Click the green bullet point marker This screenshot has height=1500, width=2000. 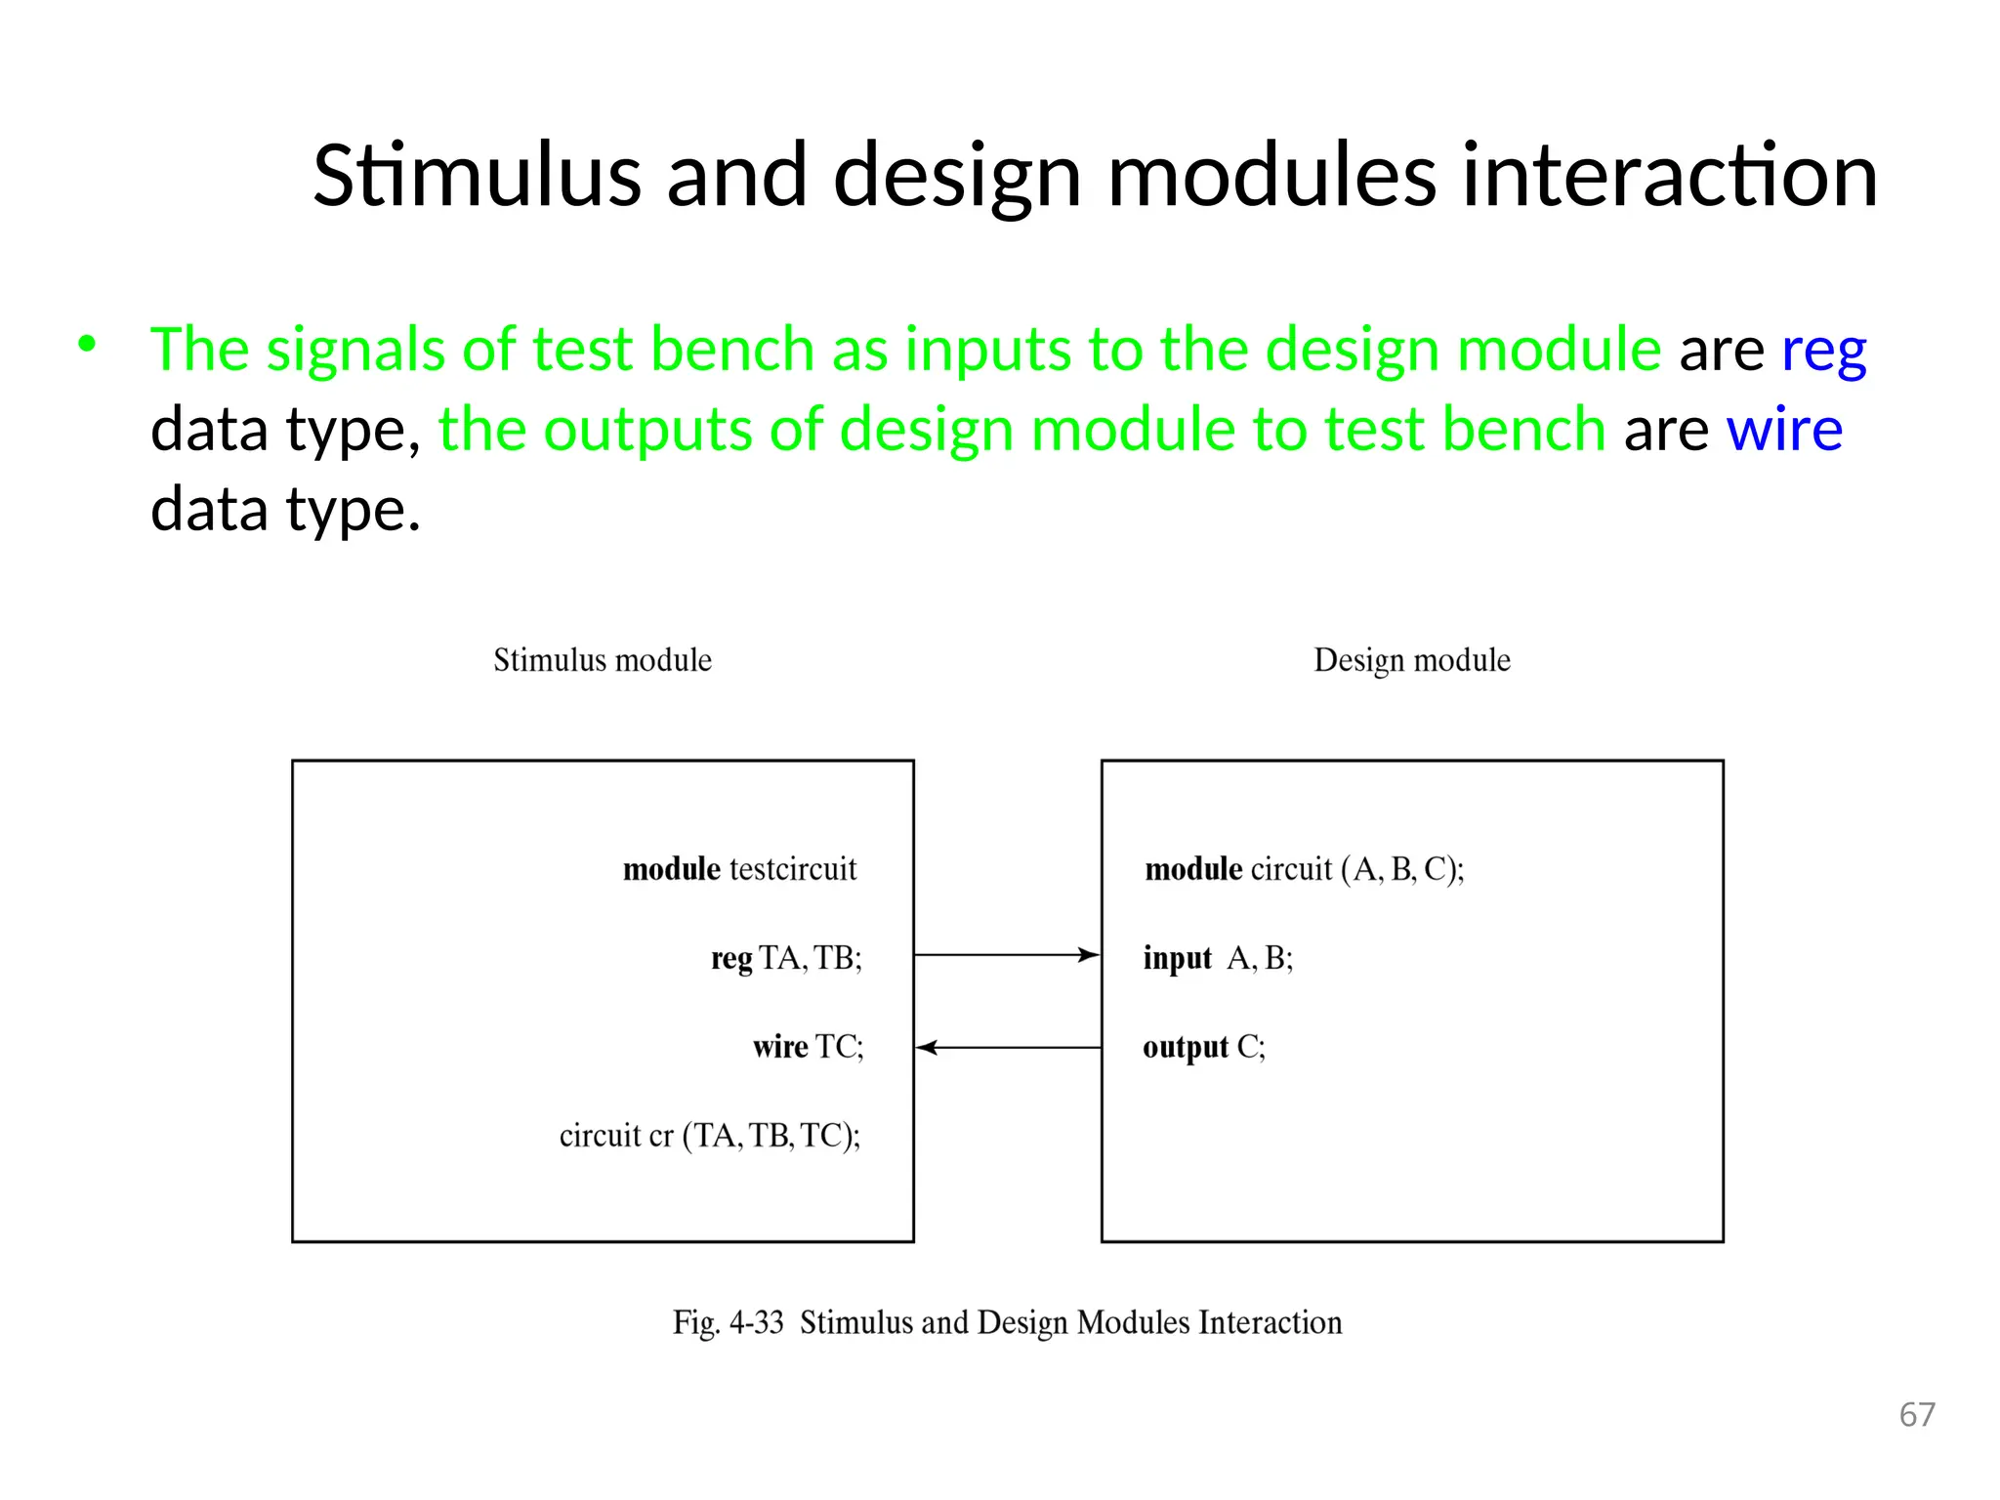click(88, 344)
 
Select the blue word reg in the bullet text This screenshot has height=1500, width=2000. click(1823, 351)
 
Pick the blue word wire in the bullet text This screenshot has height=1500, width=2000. click(1784, 429)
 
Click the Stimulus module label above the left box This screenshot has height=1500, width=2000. click(603, 660)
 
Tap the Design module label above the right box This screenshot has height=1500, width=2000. click(1411, 660)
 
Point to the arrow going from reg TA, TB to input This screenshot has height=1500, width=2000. click(1007, 954)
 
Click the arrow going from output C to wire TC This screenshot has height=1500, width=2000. click(1007, 1047)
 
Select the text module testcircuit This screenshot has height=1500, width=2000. click(739, 868)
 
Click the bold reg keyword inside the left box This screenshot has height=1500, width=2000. click(730, 959)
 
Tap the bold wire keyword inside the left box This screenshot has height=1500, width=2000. click(780, 1047)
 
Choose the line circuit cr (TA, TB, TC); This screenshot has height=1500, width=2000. click(710, 1136)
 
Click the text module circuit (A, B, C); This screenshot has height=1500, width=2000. click(1304, 868)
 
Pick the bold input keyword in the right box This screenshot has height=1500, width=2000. click(1177, 958)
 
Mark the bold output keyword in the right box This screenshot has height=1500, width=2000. click(1185, 1047)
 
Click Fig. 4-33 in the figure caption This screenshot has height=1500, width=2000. click(728, 1322)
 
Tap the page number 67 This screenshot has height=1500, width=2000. click(1916, 1414)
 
